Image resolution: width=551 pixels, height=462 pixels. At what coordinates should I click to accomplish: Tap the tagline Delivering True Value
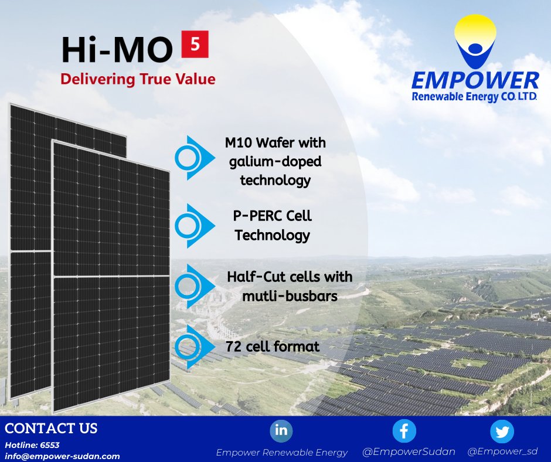click(138, 79)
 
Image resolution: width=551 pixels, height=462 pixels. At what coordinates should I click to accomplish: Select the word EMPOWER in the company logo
click(475, 81)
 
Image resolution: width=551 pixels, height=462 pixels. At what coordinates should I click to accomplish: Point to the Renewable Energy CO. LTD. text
click(475, 96)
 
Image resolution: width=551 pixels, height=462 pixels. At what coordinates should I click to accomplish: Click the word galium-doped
click(275, 161)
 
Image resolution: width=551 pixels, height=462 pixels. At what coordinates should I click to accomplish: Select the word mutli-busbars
click(290, 296)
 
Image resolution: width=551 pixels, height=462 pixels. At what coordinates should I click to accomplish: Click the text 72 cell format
click(273, 346)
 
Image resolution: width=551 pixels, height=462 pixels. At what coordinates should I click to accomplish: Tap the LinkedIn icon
click(281, 430)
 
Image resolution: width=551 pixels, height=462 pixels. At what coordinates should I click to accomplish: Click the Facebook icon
click(404, 431)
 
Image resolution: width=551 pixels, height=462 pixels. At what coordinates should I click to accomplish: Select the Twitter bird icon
click(502, 432)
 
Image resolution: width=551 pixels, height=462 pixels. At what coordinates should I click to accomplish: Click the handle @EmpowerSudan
click(409, 451)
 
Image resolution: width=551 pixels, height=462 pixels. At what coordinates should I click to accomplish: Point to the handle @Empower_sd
click(502, 451)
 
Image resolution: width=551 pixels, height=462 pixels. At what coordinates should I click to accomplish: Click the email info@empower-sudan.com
click(62, 456)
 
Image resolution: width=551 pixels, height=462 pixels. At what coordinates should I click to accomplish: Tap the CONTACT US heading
click(51, 428)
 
